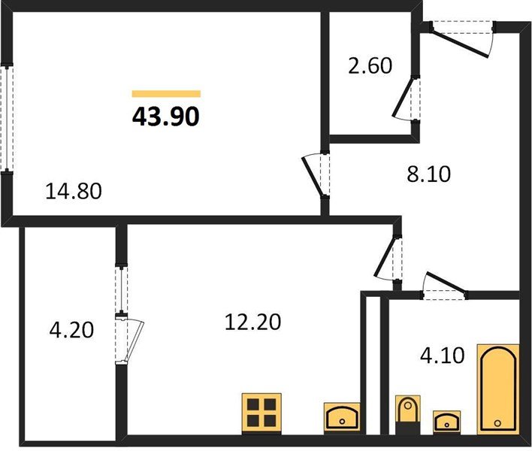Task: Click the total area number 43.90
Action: point(165,117)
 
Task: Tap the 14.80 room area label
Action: point(74,191)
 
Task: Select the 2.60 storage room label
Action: point(370,66)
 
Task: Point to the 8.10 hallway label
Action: point(428,174)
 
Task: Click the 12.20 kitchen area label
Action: point(252,322)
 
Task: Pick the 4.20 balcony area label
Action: point(71,330)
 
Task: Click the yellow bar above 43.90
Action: point(166,94)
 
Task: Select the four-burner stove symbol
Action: point(261,413)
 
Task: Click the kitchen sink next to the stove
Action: point(342,417)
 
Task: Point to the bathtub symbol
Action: point(498,389)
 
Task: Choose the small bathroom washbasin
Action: point(446,421)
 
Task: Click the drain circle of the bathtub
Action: point(497,423)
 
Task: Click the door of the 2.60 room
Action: point(404,98)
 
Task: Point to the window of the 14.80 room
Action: point(7,119)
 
